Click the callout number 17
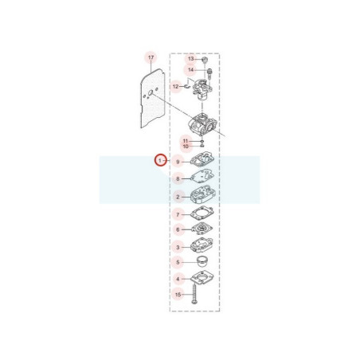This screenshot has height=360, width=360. pyautogui.click(x=151, y=57)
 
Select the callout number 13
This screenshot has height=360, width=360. pyautogui.click(x=191, y=59)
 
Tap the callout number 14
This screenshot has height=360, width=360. pyautogui.click(x=190, y=70)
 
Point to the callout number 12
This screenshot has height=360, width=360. pyautogui.click(x=176, y=87)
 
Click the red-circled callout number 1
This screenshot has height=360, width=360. pyautogui.click(x=160, y=160)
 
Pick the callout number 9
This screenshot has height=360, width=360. pyautogui.click(x=178, y=162)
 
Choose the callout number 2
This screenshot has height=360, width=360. pyautogui.click(x=178, y=198)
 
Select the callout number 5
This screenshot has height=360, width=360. pyautogui.click(x=178, y=262)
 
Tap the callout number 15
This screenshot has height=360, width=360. pyautogui.click(x=178, y=295)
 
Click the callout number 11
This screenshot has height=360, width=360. pyautogui.click(x=186, y=141)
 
